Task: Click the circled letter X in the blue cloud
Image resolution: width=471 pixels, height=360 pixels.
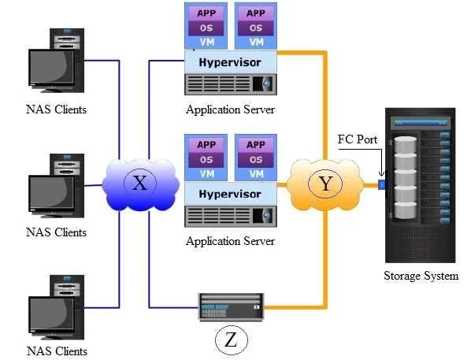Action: tap(140, 183)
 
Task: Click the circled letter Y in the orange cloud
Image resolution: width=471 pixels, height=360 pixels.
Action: tap(325, 183)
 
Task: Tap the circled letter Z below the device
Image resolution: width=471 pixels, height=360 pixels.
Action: tap(232, 340)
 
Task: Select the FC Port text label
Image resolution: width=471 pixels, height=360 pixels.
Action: tap(357, 139)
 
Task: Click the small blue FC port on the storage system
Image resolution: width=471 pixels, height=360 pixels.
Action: tap(381, 184)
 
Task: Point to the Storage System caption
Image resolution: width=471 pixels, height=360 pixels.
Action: tap(421, 276)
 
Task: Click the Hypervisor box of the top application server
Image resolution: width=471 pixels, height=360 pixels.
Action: tap(231, 62)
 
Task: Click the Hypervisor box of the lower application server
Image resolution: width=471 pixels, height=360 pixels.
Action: tap(231, 194)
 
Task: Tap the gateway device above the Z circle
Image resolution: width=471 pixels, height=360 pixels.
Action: tap(232, 306)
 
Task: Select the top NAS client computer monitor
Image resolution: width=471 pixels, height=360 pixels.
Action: tap(51, 69)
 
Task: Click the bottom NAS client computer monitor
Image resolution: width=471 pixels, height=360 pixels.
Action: tap(51, 315)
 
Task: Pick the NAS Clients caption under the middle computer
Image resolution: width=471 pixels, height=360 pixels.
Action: tap(56, 232)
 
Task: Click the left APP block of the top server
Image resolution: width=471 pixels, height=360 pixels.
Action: tap(206, 13)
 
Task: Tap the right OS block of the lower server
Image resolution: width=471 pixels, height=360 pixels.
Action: tap(256, 160)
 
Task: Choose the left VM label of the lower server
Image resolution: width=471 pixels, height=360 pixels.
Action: tap(207, 174)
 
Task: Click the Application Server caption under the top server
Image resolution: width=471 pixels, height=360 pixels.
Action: tap(230, 109)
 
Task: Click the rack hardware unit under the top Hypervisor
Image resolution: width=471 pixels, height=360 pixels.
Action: tap(231, 84)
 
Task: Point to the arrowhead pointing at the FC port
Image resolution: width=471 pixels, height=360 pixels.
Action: tap(381, 174)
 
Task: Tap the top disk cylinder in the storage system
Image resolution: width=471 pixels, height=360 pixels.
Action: tap(405, 145)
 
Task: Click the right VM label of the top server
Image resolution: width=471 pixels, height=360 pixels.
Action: tap(256, 43)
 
